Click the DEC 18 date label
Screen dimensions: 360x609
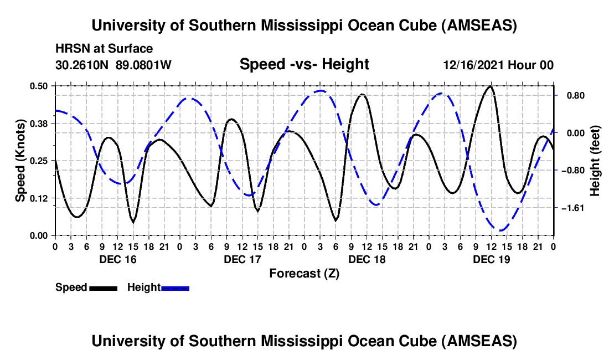367,259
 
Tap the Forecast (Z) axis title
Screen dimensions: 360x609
304,273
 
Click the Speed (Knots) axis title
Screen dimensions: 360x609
21,161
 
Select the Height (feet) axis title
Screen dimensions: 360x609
596,161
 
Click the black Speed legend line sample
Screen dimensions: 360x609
103,288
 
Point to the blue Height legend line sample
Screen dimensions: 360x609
176,288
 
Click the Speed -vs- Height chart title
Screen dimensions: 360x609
304,65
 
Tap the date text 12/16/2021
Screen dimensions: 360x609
474,65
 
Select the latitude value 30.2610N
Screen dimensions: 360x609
83,65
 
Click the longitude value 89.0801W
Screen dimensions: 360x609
144,65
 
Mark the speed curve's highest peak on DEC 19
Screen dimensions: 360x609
490,86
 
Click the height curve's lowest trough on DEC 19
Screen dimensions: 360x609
500,230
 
